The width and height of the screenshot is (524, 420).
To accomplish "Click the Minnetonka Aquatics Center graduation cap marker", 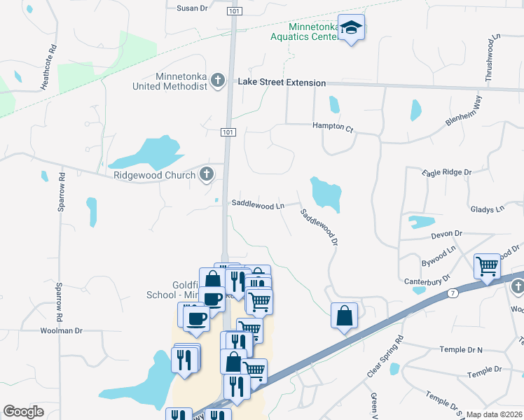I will [x=352, y=28].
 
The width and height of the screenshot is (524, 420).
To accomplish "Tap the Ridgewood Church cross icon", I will [x=206, y=174].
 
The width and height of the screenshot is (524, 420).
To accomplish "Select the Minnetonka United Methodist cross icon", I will [x=218, y=80].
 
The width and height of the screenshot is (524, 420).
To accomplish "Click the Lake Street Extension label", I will [x=282, y=83].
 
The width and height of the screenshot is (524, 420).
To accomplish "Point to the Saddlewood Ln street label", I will [x=258, y=206].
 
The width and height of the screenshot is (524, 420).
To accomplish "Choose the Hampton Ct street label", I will [x=333, y=127].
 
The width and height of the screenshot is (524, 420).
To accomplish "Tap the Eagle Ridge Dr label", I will [x=447, y=171].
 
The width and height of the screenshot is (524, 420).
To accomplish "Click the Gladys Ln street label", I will [x=487, y=209].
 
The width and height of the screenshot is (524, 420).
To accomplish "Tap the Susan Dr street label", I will [x=193, y=8].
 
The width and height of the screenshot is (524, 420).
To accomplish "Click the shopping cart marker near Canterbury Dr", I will [x=487, y=267].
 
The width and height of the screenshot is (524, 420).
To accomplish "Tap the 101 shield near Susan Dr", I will [x=232, y=11].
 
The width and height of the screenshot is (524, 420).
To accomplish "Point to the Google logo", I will [x=24, y=412].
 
